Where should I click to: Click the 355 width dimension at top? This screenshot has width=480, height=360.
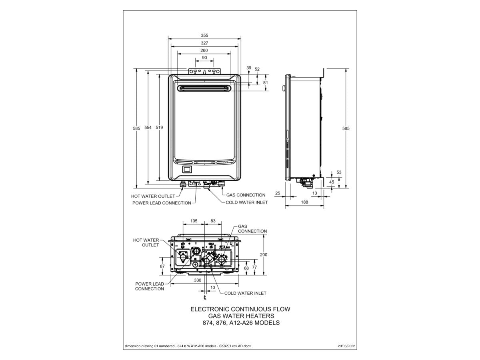point(204,35)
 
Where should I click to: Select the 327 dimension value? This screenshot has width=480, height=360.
point(204,43)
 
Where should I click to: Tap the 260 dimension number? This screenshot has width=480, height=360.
point(204,50)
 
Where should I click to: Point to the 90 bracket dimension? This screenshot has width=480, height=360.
point(204,58)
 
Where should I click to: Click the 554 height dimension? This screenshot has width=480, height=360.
point(148,128)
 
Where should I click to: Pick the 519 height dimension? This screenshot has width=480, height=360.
point(159,128)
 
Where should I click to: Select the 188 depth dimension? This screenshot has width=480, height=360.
point(304,202)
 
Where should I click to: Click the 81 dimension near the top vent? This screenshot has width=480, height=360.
point(266,82)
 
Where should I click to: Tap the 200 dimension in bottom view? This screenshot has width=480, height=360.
point(264,254)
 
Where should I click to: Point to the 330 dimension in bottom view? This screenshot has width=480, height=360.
point(198,280)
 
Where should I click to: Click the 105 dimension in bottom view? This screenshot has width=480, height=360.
point(194,221)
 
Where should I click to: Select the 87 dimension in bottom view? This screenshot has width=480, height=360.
point(162,266)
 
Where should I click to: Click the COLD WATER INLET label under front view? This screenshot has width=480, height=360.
point(246,202)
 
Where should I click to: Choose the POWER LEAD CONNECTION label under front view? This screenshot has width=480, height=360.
point(162,203)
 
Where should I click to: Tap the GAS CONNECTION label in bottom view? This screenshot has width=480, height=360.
point(252,229)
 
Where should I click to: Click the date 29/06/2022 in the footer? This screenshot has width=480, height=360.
point(347,346)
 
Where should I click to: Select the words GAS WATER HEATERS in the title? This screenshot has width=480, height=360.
point(240,316)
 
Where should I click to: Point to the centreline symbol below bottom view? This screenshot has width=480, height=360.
point(205,298)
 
